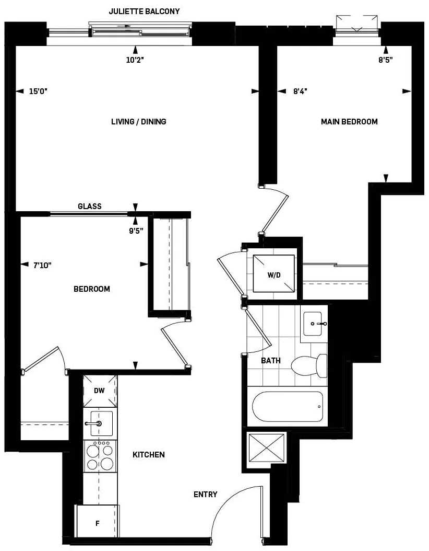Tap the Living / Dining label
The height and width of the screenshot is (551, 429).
coord(139,122)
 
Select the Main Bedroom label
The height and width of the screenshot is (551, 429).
coord(349,122)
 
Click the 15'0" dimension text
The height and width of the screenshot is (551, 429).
coord(38,91)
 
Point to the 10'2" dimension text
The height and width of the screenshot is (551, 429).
coord(135,60)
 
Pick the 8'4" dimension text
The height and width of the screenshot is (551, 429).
coord(300,91)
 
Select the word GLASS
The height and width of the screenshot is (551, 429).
coord(90,206)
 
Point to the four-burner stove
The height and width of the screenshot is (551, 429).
coord(100,455)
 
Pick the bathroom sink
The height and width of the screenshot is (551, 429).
coord(315,324)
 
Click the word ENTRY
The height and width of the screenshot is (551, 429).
coord(205,495)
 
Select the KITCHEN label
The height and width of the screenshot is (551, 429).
coord(149,455)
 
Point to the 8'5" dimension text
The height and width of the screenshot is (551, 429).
coord(386,60)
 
